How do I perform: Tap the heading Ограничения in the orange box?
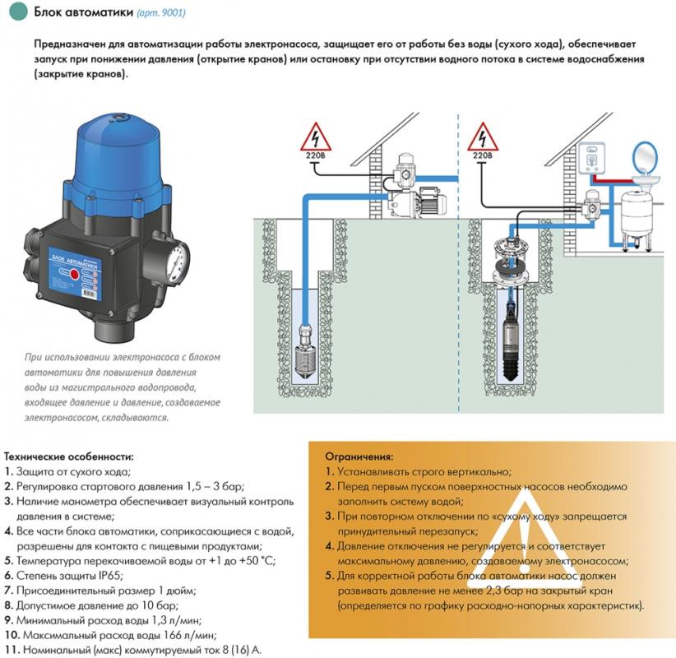tap(359, 456)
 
